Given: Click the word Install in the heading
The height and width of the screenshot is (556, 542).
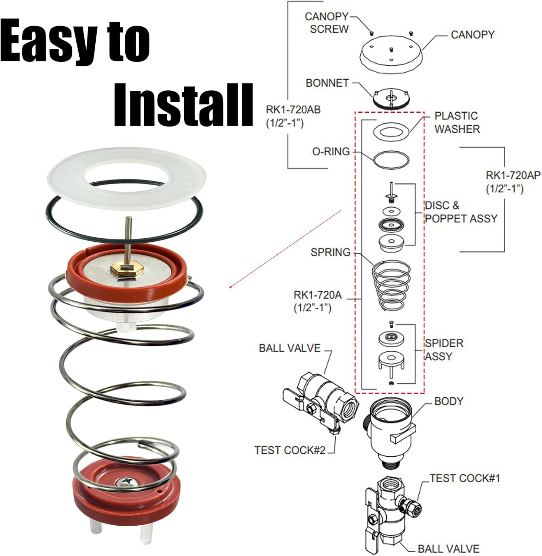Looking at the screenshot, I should tap(183, 105).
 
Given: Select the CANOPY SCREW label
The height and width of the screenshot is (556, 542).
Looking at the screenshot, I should tap(327, 23).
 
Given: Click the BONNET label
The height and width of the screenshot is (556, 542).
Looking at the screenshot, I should tap(327, 83).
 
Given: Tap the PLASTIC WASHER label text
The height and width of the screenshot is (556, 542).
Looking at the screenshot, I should tap(457, 122).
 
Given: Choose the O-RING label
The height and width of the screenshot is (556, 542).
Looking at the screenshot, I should tap(331, 151).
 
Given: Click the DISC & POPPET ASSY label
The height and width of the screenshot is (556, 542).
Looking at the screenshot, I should tap(460, 212).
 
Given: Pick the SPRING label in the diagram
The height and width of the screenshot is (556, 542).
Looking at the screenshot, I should tap(330, 252).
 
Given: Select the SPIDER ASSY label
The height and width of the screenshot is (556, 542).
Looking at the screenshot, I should tap(444, 350).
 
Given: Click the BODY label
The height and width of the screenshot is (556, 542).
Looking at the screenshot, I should tap(449, 401).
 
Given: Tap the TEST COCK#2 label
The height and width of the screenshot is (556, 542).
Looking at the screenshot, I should tap(290, 450).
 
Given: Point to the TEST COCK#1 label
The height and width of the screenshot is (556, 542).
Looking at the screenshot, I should tap(465, 478).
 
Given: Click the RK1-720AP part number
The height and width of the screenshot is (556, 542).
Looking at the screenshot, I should tap(513, 182).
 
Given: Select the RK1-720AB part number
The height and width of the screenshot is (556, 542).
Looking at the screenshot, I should tap(293, 116).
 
